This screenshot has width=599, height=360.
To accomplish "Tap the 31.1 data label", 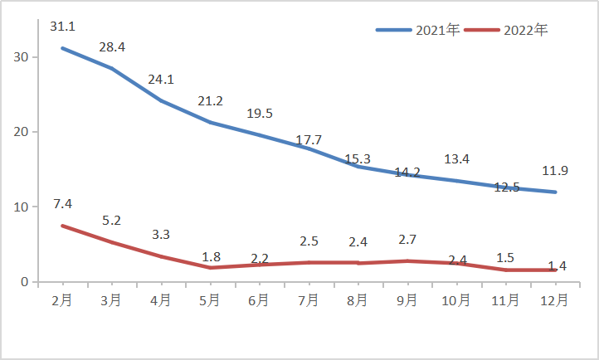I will pos(62,27).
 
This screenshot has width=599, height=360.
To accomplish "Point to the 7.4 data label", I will pos(62,204).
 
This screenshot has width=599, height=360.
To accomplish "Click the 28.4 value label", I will pos(112,47).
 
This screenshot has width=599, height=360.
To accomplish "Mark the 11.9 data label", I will pos(556,172).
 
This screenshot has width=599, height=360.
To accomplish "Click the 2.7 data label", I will pos(407,240).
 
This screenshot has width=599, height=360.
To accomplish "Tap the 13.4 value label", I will pos(457,159).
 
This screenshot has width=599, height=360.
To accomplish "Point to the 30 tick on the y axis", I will pos(21,57).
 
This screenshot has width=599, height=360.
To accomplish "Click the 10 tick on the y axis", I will pos(21,207).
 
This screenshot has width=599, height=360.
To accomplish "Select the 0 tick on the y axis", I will pos(25,282).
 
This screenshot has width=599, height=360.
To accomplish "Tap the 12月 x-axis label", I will pos(555,299).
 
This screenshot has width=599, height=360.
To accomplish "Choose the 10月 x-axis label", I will pos(456,299).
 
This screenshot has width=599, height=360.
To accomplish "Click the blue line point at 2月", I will pos(62,48).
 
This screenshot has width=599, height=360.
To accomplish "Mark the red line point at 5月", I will pos(211,267).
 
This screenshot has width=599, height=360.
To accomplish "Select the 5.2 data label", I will pos(112,221).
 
